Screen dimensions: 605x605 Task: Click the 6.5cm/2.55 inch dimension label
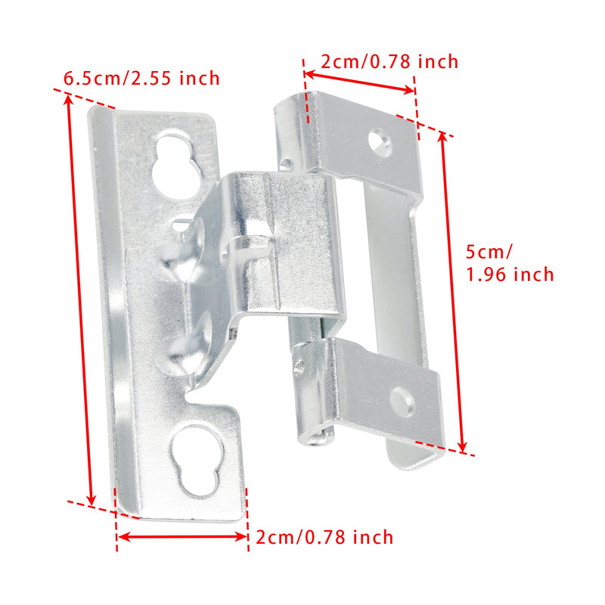point(142,78)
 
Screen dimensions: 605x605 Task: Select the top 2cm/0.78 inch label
point(389,62)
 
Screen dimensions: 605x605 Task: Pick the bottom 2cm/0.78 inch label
point(324,538)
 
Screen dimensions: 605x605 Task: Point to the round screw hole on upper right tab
point(380,142)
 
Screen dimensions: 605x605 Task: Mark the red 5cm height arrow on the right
point(452,291)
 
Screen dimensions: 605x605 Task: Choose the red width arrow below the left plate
point(182,537)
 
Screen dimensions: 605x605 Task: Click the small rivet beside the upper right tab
point(286,163)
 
